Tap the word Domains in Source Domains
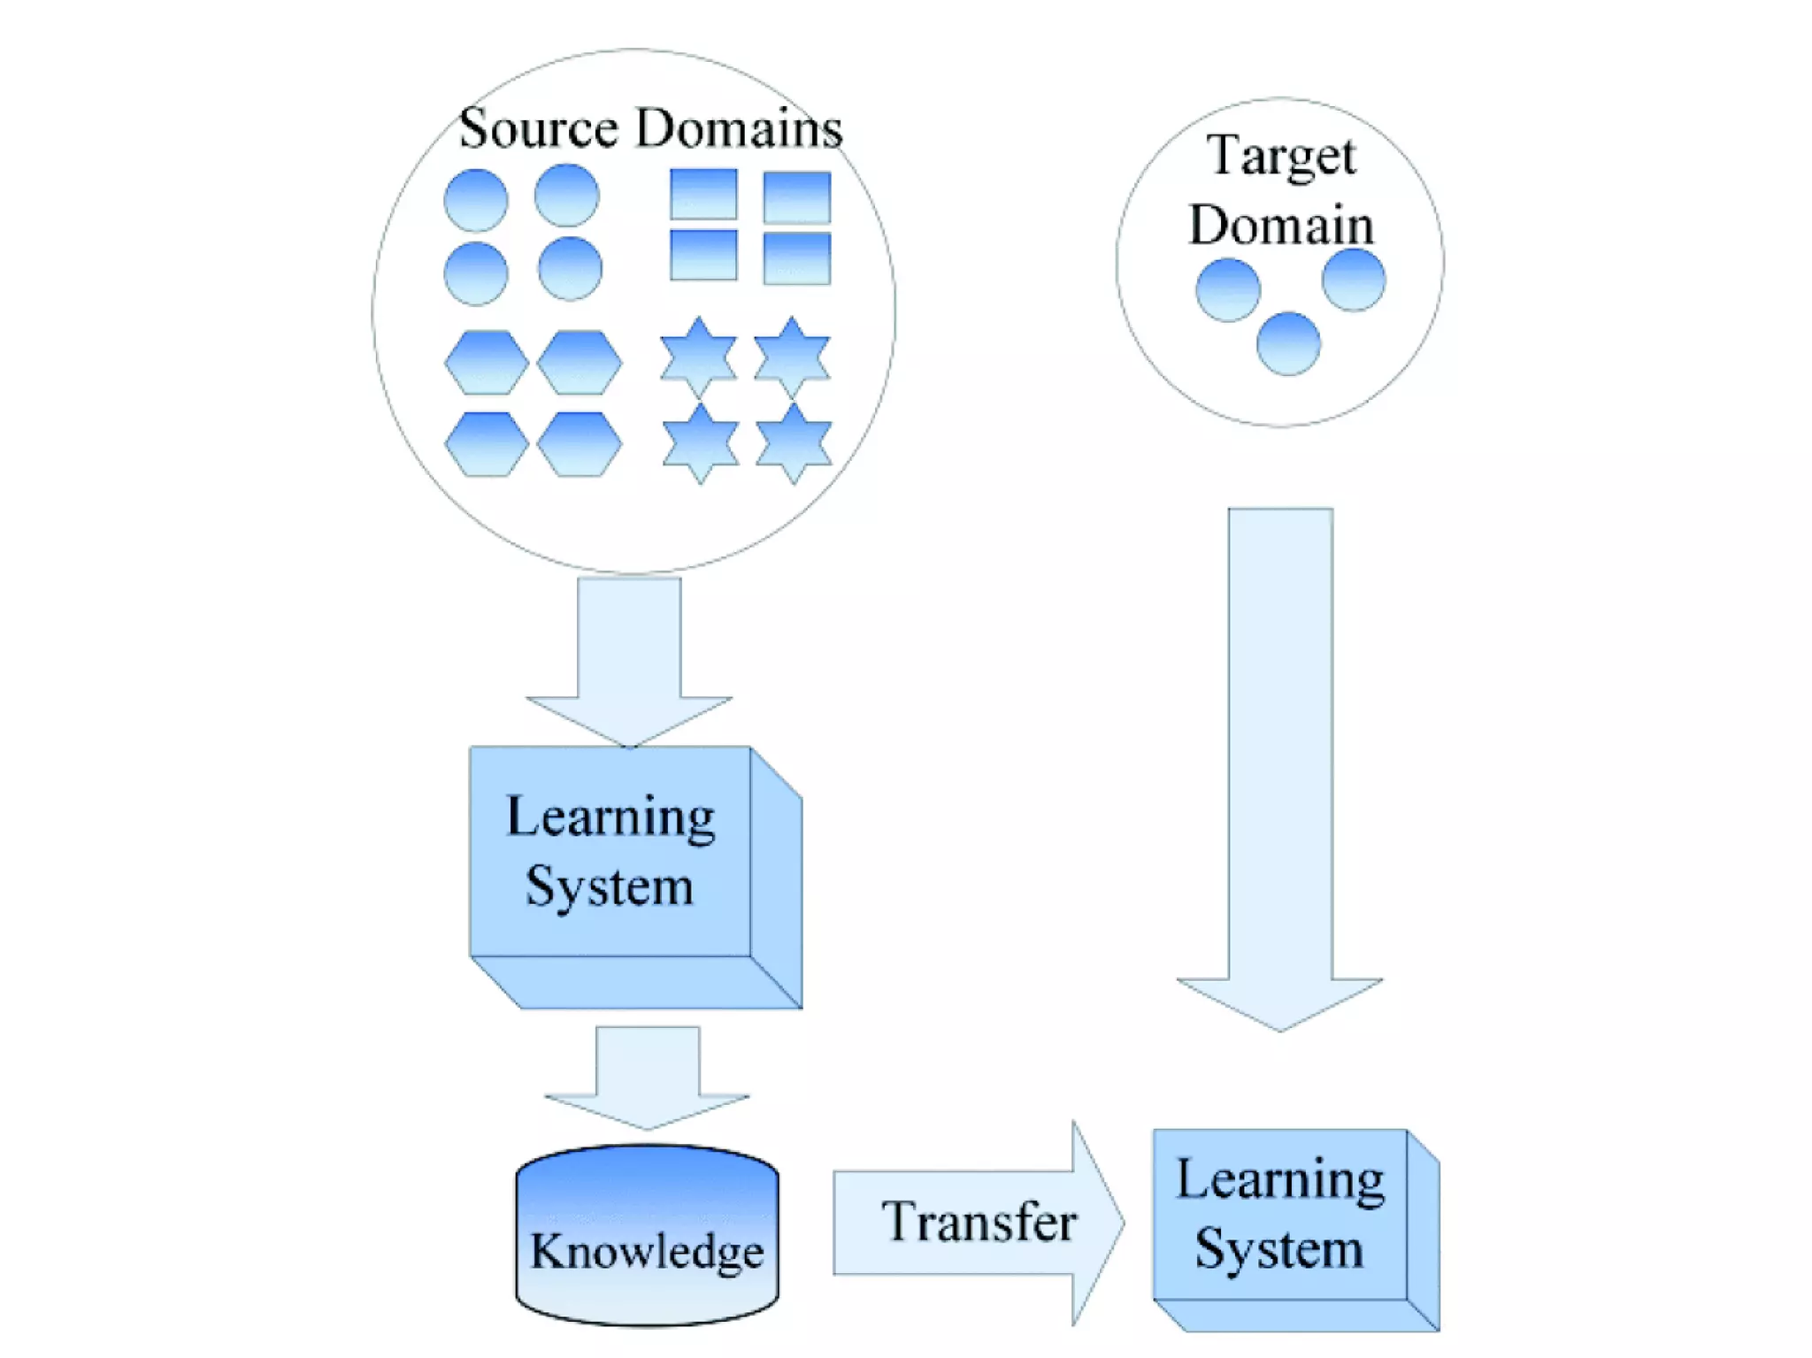click(x=739, y=129)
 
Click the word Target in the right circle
click(x=1280, y=157)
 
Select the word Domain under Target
click(x=1280, y=225)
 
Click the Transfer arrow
click(x=978, y=1223)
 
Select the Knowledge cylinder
click(x=647, y=1235)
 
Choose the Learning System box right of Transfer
click(x=1280, y=1216)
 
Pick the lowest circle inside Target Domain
click(x=1288, y=343)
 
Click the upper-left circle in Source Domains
click(x=476, y=200)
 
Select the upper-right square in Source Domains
click(x=796, y=196)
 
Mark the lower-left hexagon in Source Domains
click(x=487, y=443)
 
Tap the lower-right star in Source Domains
click(x=794, y=442)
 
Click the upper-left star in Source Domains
click(x=699, y=357)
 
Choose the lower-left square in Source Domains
click(x=703, y=255)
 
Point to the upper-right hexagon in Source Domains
click(x=579, y=362)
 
